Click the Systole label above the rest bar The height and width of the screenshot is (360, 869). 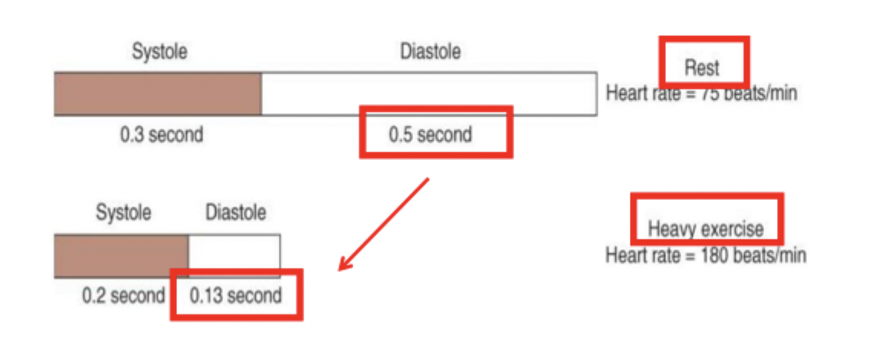pyautogui.click(x=159, y=52)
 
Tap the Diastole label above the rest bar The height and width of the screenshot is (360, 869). pyautogui.click(x=430, y=52)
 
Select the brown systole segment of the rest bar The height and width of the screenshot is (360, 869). pyautogui.click(x=157, y=93)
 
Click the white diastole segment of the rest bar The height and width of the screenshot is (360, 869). pyautogui.click(x=429, y=93)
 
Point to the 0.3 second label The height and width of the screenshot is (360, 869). pyautogui.click(x=161, y=136)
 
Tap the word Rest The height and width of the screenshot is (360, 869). pyautogui.click(x=702, y=68)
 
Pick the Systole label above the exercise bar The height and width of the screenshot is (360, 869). pyautogui.click(x=123, y=212)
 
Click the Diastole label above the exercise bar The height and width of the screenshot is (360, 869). pyautogui.click(x=235, y=212)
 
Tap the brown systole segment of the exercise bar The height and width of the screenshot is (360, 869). pyautogui.click(x=121, y=256)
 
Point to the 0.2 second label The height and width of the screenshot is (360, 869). pyautogui.click(x=123, y=296)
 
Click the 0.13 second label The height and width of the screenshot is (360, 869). pyautogui.click(x=235, y=296)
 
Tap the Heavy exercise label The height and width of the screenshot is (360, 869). pyautogui.click(x=705, y=228)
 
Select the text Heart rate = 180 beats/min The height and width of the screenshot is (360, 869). pyautogui.click(x=705, y=254)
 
